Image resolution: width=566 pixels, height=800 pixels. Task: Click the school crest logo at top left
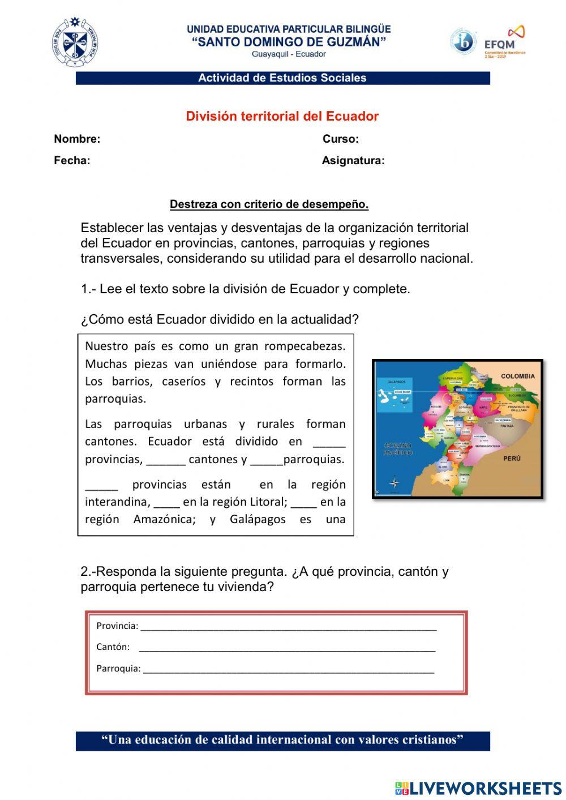tap(75, 42)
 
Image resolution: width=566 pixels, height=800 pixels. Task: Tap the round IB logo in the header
tap(463, 42)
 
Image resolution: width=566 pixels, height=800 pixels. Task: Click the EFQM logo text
tap(499, 44)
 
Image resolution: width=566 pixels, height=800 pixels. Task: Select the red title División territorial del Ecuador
tap(282, 116)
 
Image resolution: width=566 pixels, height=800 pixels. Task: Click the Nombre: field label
tap(77, 139)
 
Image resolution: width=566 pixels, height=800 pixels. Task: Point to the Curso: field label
tap(341, 139)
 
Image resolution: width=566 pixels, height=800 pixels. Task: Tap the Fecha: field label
tap(72, 161)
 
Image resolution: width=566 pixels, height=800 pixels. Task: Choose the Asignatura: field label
tap(353, 161)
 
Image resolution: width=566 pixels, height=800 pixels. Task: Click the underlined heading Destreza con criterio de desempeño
tap(269, 204)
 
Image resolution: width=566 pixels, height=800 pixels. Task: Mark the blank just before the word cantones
tap(165, 460)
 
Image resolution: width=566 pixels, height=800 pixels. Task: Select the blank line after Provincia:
tap(289, 627)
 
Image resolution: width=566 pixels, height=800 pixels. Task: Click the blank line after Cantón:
tap(287, 648)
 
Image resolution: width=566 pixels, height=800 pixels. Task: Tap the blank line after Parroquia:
tap(289, 669)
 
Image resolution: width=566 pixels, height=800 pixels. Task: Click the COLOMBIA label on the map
tap(517, 376)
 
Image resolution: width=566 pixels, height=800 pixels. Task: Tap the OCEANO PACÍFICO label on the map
tap(398, 449)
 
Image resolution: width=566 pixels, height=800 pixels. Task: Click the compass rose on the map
tap(395, 483)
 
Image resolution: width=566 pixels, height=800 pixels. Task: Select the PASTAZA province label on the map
tap(507, 426)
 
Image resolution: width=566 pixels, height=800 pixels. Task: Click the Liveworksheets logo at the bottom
tap(478, 788)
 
